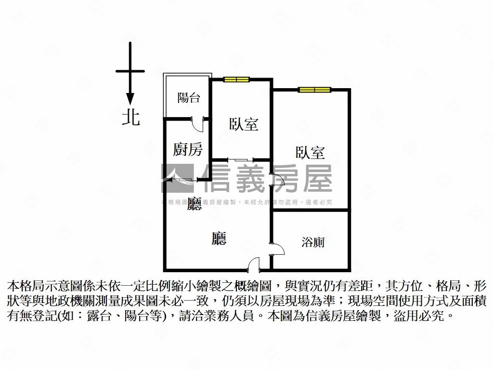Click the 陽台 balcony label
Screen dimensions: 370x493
[x=189, y=98]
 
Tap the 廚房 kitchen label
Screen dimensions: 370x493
[x=188, y=149]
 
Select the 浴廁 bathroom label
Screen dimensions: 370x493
[x=313, y=241]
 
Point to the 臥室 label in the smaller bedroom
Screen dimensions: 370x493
[x=244, y=124]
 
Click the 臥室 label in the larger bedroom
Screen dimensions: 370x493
[x=310, y=153]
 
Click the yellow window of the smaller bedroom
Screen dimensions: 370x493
[x=236, y=79]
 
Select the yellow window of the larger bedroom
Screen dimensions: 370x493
[x=314, y=89]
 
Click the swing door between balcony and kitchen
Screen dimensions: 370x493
[x=197, y=123]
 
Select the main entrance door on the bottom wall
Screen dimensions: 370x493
[x=253, y=264]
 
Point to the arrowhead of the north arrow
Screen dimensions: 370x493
[x=130, y=100]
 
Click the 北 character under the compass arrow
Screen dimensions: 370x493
[x=130, y=117]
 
